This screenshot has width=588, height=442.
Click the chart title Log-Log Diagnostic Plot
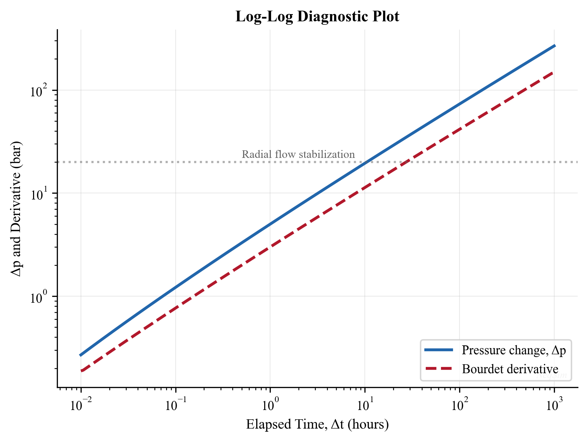tap(317, 17)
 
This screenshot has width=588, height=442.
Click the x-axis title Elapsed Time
tap(317, 424)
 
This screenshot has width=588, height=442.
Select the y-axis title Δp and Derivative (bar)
tap(16, 208)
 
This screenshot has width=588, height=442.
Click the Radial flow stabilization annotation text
tap(298, 154)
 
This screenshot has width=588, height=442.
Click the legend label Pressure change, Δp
tap(514, 350)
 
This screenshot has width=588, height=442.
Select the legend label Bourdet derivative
tap(510, 369)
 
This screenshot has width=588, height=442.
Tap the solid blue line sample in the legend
tap(439, 350)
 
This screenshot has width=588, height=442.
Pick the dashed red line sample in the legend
tap(439, 369)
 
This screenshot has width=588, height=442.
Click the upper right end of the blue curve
tap(554, 46)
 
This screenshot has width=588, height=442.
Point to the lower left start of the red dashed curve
tap(81, 371)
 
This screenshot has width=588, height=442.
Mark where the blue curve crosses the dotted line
tap(367, 162)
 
